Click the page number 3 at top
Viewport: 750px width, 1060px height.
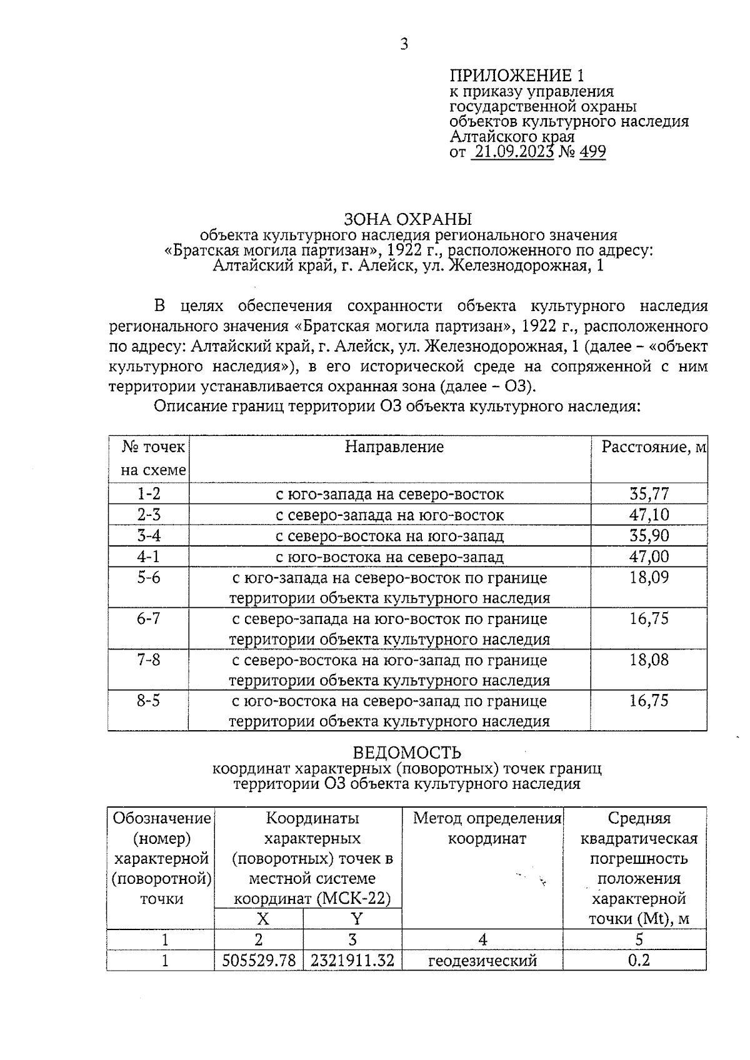[x=404, y=44]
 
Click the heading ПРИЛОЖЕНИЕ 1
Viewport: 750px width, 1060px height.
[x=517, y=76]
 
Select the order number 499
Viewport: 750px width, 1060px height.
[x=592, y=152]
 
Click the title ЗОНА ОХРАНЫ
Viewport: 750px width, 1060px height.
[x=408, y=219]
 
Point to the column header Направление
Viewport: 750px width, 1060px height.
[x=394, y=447]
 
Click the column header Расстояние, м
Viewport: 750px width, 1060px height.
[x=653, y=447]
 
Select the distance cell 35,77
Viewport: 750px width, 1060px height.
[x=649, y=494]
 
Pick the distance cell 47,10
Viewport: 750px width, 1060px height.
[x=649, y=515]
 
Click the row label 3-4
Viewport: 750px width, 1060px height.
[x=149, y=535]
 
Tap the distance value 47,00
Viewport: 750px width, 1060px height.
[x=649, y=556]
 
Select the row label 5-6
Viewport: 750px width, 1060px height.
[x=149, y=577]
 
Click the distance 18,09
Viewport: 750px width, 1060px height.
[x=649, y=577]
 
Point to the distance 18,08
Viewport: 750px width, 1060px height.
[x=649, y=660]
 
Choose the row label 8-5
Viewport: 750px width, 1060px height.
[x=149, y=701]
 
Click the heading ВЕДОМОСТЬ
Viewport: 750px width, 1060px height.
[x=407, y=753]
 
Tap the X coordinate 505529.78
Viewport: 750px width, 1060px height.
[x=259, y=960]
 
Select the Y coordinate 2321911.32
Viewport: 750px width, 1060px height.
[x=352, y=960]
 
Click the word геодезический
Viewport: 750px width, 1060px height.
[x=482, y=961]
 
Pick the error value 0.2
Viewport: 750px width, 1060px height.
[x=639, y=960]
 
